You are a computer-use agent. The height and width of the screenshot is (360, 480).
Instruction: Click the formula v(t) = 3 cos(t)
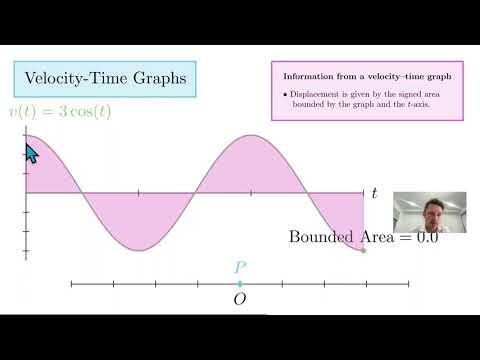pyautogui.click(x=59, y=111)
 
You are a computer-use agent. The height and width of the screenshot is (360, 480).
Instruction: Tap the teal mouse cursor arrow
pyautogui.click(x=30, y=153)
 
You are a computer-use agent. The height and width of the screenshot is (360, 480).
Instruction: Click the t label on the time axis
pyautogui.click(x=374, y=191)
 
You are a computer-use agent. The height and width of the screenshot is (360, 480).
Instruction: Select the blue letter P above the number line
pyautogui.click(x=240, y=267)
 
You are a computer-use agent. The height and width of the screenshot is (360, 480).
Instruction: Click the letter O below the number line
pyautogui.click(x=240, y=299)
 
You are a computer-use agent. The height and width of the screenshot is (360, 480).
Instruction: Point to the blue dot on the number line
pyautogui.click(x=240, y=284)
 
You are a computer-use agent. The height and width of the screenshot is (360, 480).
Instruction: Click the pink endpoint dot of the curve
pyautogui.click(x=363, y=249)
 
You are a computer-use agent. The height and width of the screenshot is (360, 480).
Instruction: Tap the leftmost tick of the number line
pyautogui.click(x=72, y=284)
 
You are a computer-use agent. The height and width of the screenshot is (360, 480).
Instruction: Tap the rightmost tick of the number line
pyautogui.click(x=408, y=284)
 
